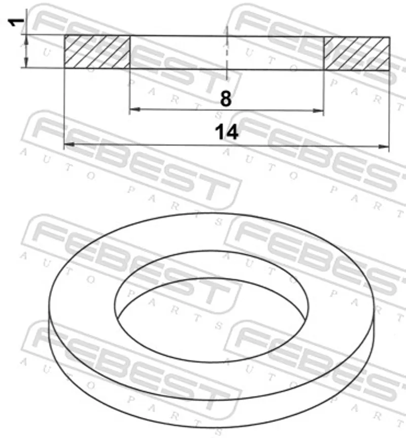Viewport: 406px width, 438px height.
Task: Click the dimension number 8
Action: point(226,99)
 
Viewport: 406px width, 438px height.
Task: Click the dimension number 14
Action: point(226,132)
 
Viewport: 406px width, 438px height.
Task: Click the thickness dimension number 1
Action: point(16,22)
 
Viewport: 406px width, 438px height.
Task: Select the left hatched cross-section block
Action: point(97,52)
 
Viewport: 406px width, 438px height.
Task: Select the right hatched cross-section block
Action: point(356,53)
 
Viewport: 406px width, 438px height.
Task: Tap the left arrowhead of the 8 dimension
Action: point(135,109)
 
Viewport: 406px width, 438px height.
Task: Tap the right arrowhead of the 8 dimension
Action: point(318,111)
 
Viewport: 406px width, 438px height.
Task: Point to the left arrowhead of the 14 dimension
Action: point(70,144)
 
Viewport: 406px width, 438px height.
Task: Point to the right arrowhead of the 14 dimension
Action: point(383,147)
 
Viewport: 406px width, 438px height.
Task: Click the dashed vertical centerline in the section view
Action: point(227,53)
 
